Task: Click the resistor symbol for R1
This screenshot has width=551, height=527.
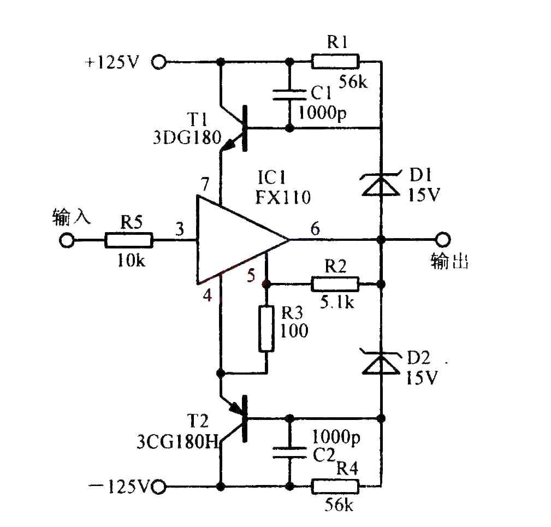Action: click(335, 62)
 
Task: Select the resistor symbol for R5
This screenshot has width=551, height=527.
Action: click(129, 240)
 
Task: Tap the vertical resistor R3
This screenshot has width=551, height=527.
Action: click(266, 329)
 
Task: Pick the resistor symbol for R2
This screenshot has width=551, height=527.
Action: click(335, 284)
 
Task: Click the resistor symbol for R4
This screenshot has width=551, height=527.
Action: click(335, 487)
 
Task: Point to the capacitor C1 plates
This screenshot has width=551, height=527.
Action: click(289, 95)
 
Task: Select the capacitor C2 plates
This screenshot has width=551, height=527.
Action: click(289, 453)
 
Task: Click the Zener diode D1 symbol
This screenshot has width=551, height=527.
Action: click(381, 183)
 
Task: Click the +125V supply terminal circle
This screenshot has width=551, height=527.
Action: click(158, 62)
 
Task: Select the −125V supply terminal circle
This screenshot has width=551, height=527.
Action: click(158, 487)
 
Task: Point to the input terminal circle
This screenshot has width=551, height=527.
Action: click(67, 241)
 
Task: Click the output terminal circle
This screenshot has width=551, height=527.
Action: click(443, 240)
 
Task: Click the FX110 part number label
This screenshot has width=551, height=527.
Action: click(283, 198)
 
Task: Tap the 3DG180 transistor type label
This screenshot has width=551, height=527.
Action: click(187, 138)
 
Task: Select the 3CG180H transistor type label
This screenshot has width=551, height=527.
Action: click(178, 442)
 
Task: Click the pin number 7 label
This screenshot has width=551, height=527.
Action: click(205, 183)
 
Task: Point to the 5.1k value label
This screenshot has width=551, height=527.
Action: click(337, 302)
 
